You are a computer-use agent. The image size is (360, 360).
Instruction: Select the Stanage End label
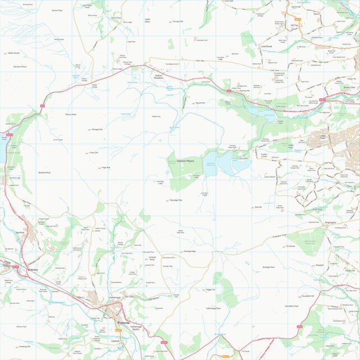click(x=96, y=129)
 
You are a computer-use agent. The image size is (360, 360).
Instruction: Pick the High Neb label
click(x=106, y=167)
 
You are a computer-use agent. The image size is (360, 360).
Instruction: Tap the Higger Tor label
click(x=211, y=290)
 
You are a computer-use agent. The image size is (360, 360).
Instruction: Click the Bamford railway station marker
click(x=29, y=270)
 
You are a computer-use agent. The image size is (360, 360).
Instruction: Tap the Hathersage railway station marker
click(x=116, y=322)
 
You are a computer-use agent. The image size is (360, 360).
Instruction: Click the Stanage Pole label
click(x=176, y=200)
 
